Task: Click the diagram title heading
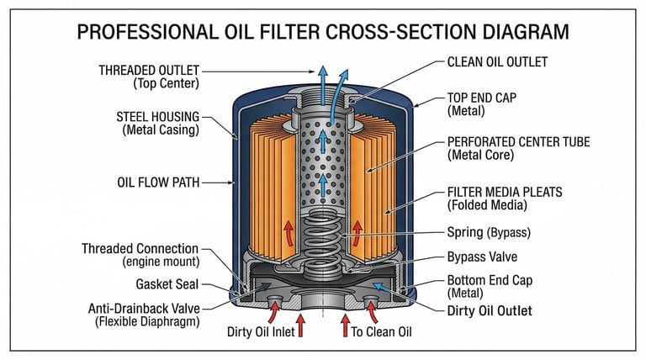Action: click(322, 33)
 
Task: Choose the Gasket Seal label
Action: click(167, 284)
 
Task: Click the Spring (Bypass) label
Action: click(491, 231)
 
